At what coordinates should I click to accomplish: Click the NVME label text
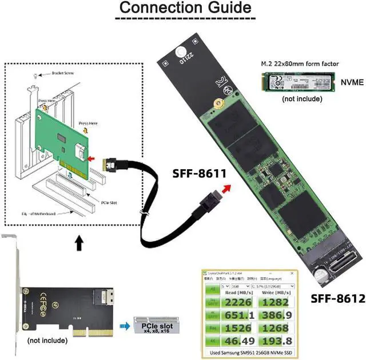point(350,82)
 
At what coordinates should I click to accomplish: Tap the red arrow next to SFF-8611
point(228,188)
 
